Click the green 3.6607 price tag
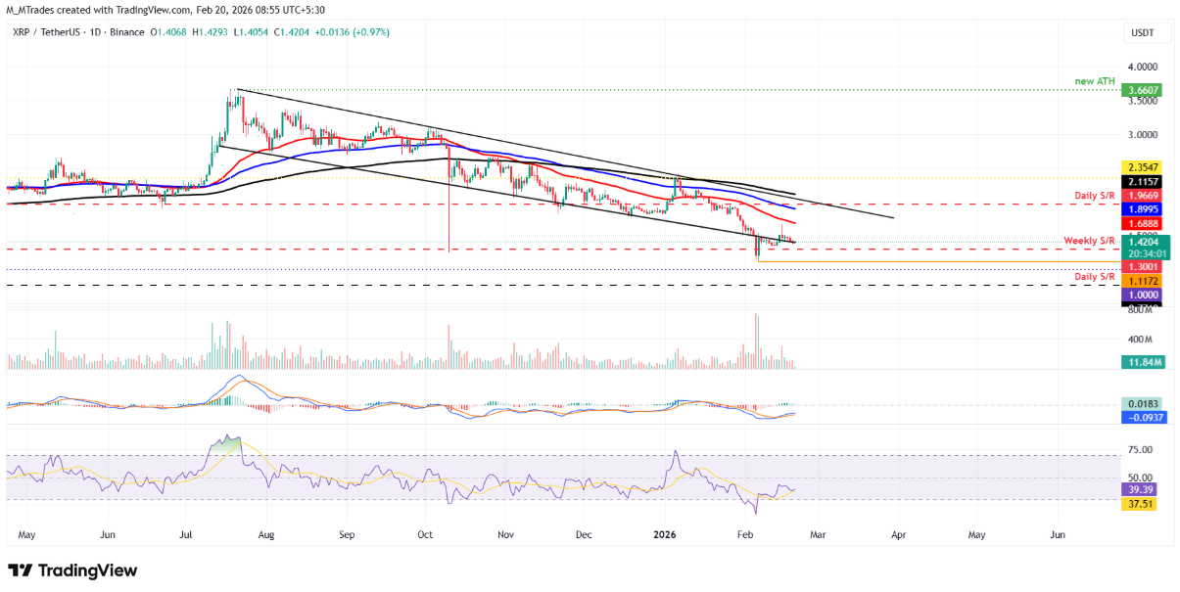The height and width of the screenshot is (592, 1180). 1143,90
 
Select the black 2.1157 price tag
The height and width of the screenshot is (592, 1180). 1143,182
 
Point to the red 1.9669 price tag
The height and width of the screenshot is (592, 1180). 1143,196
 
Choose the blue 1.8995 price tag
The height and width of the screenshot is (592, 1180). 1143,209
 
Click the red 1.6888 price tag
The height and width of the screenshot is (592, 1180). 1143,224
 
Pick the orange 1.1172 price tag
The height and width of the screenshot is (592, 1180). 1143,280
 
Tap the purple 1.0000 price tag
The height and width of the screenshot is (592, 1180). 1143,295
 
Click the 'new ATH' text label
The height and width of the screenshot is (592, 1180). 1094,81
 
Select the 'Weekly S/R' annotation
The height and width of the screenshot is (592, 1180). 1090,241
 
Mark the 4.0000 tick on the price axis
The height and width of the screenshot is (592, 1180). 1143,67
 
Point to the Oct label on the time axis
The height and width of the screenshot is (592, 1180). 425,536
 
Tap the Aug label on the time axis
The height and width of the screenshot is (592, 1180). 265,536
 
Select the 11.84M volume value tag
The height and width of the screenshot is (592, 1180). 1143,361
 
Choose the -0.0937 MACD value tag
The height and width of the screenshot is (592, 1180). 1143,417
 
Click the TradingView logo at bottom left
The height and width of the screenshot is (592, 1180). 73,570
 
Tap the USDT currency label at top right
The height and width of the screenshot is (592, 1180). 1143,33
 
